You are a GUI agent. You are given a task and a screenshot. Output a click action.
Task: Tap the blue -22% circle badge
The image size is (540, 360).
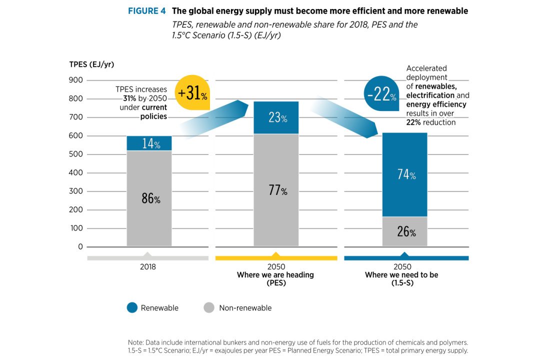click(x=381, y=93)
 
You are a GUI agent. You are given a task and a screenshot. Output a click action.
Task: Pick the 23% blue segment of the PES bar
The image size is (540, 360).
click(x=276, y=118)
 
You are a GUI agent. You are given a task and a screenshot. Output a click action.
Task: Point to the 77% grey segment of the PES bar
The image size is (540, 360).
click(x=276, y=190)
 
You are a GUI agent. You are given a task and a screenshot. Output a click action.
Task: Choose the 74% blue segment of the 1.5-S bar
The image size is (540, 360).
click(x=405, y=174)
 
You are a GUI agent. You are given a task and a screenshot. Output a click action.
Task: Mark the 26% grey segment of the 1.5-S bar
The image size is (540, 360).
click(x=405, y=231)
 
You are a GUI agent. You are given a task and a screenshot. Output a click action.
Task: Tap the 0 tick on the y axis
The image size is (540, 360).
click(x=80, y=247)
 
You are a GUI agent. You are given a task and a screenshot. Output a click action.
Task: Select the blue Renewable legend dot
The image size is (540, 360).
click(x=132, y=308)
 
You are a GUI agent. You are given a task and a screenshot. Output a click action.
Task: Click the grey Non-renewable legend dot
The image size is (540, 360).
click(x=209, y=308)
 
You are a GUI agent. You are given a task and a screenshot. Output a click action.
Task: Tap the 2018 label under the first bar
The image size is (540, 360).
click(x=148, y=267)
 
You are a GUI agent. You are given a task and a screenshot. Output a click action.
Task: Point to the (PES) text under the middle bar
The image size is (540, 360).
click(x=275, y=283)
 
